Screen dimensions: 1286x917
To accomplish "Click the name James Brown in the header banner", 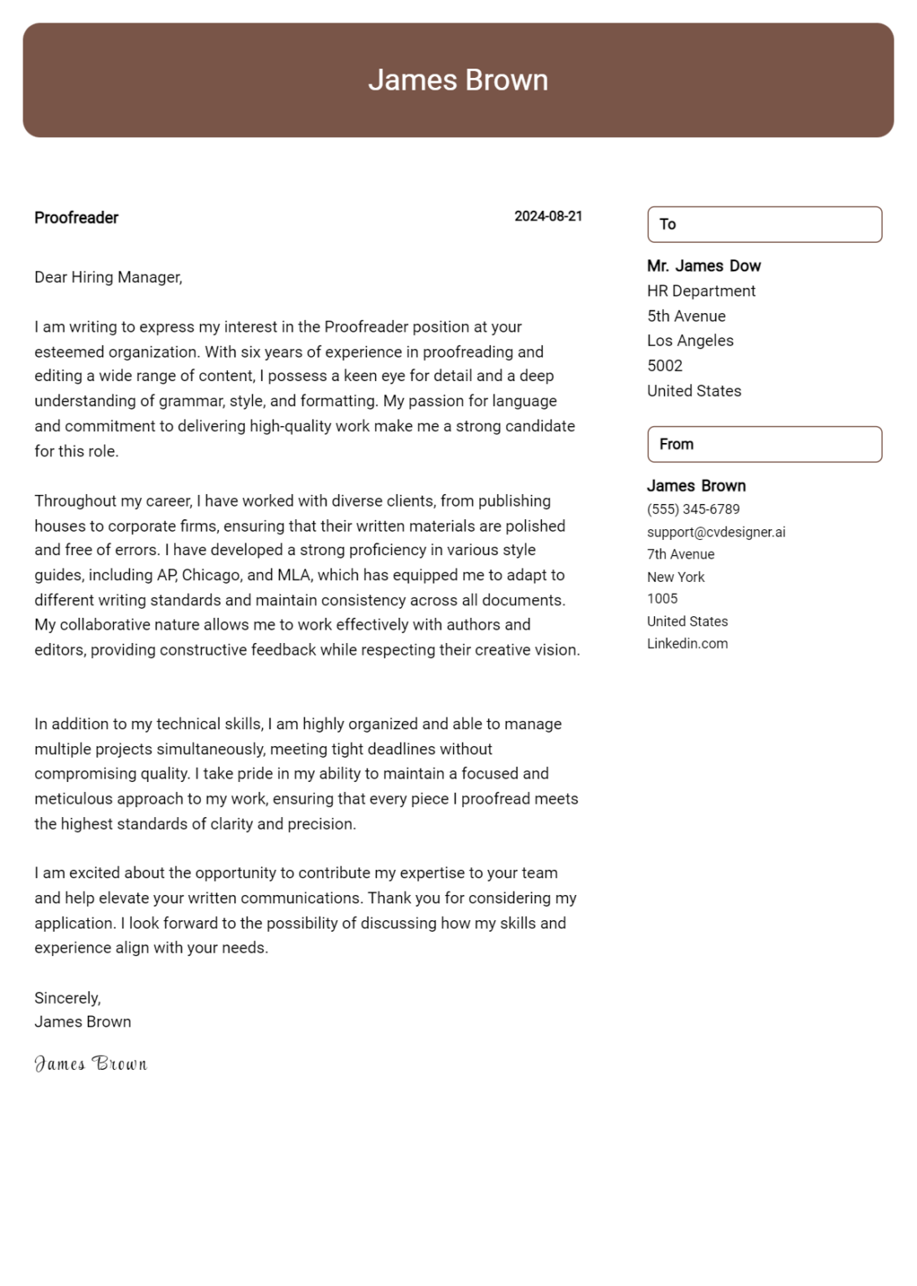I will (x=458, y=80).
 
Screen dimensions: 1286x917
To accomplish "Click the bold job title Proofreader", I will (x=76, y=218).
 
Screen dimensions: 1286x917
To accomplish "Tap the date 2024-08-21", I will (x=548, y=216).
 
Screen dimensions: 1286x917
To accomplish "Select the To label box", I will (x=764, y=224).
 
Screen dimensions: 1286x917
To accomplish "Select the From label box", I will (x=764, y=445).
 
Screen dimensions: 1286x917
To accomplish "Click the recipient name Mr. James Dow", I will (x=703, y=266).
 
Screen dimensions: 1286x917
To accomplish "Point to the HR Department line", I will (x=701, y=291).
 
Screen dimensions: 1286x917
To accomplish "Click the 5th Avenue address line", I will (x=686, y=316).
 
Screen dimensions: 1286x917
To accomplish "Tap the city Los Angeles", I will (x=690, y=341).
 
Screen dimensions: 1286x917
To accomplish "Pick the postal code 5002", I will (x=664, y=366).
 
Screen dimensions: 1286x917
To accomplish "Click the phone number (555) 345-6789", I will (x=693, y=509).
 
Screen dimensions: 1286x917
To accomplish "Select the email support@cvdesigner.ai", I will (x=715, y=532).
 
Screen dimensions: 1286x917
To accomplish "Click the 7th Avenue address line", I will (x=680, y=554).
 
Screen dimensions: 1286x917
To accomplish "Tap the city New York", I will (x=675, y=577).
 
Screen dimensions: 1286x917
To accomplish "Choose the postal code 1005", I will (x=662, y=599).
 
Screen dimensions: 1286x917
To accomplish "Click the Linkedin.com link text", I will (x=687, y=644).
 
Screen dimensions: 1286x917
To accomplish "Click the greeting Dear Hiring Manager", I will (x=108, y=277).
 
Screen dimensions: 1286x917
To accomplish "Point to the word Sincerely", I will (x=67, y=998).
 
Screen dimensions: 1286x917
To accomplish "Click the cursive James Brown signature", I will (x=90, y=1064).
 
